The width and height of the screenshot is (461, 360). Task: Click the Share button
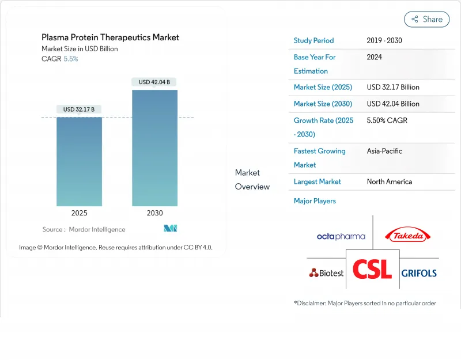point(426,19)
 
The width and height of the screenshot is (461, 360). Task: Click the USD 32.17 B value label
point(79,109)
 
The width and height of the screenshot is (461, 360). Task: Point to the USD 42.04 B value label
point(154,82)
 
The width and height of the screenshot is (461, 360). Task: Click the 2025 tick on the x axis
point(79,213)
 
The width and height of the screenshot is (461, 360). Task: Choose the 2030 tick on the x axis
point(154,213)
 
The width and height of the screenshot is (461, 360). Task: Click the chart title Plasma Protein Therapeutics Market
point(110,37)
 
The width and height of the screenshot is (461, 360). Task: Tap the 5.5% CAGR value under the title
point(71,59)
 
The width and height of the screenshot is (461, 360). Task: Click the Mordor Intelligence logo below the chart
point(170,229)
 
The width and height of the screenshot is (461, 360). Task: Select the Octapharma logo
point(341,236)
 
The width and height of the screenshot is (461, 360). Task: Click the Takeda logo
point(408,235)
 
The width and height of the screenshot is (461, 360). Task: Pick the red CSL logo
point(372,269)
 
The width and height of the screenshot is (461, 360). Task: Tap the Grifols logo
point(419,273)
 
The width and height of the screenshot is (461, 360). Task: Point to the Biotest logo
point(326,273)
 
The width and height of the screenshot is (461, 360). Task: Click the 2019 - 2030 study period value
point(384,41)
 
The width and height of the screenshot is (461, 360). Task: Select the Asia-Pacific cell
point(384,151)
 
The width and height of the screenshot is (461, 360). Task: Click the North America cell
point(389,181)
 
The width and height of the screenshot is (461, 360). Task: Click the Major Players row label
point(315,201)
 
